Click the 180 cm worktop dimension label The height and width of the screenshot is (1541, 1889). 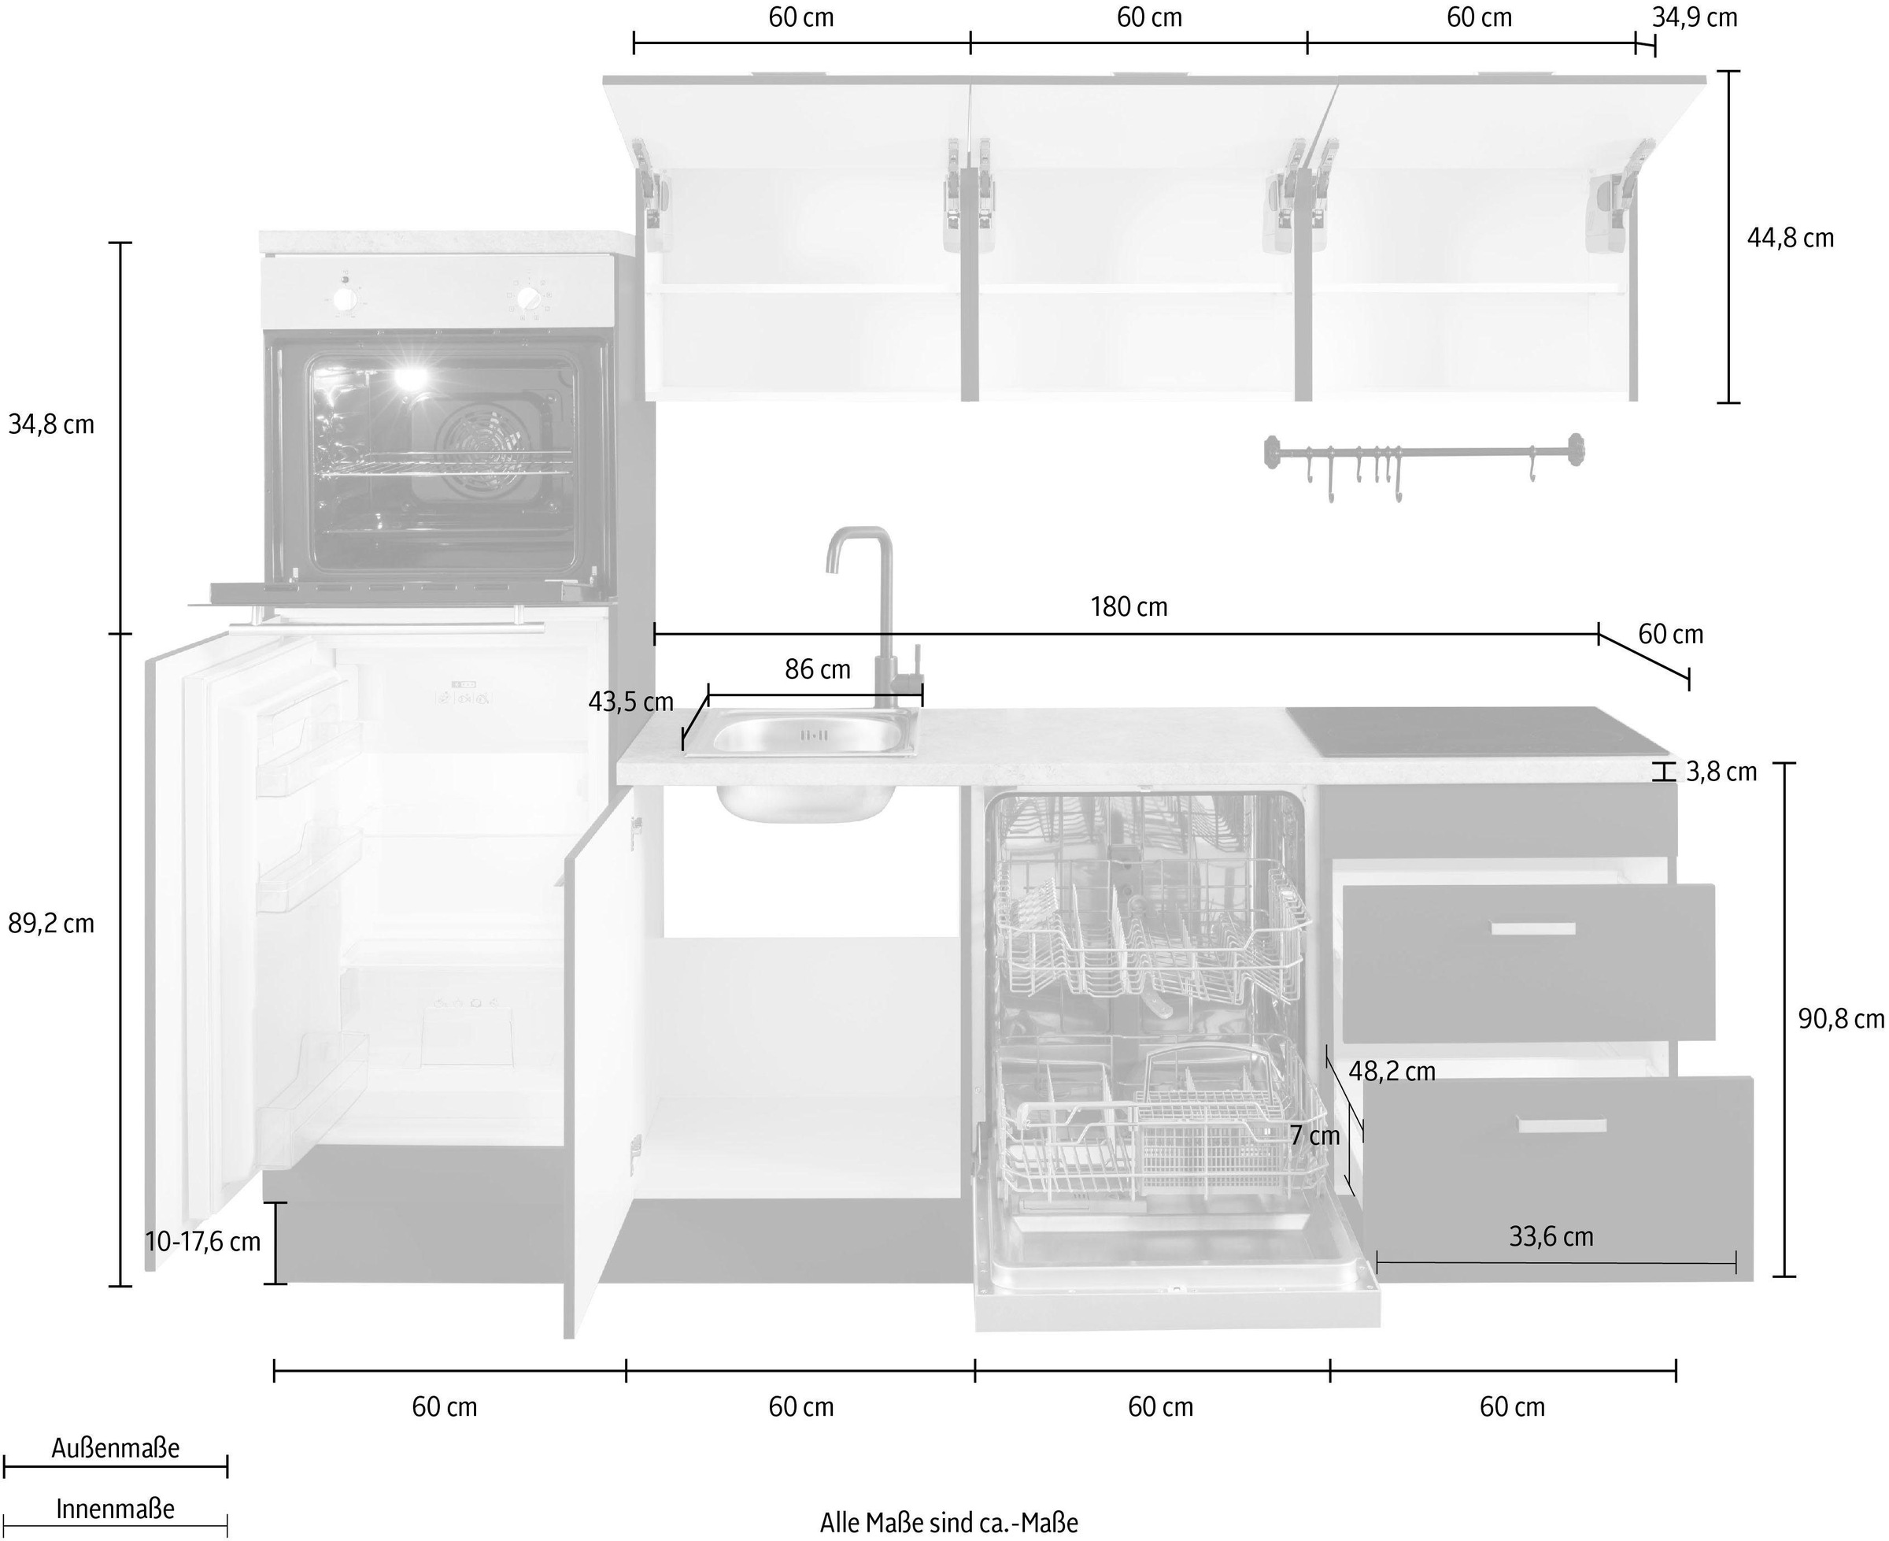[x=1129, y=607]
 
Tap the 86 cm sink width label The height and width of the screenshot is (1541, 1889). [x=817, y=669]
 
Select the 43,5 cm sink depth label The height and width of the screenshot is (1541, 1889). [x=631, y=702]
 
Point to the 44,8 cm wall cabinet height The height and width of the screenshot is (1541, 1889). [x=1790, y=238]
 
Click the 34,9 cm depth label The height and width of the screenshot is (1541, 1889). [x=1694, y=17]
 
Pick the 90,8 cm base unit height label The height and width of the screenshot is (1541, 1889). [x=1841, y=1019]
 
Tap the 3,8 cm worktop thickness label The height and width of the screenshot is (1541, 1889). [x=1721, y=772]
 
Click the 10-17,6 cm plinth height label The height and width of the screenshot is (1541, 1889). [x=203, y=1241]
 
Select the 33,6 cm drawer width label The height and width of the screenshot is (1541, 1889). [x=1551, y=1236]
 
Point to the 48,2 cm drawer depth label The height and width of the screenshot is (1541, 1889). [x=1392, y=1072]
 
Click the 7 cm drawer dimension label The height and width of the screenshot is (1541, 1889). [x=1315, y=1135]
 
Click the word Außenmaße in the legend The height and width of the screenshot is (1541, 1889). [x=116, y=1449]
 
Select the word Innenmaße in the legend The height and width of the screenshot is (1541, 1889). [x=116, y=1509]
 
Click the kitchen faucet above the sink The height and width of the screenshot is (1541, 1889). [x=874, y=604]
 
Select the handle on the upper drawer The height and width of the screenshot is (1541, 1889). [x=1533, y=928]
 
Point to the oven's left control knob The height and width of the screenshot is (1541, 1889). [x=342, y=295]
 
